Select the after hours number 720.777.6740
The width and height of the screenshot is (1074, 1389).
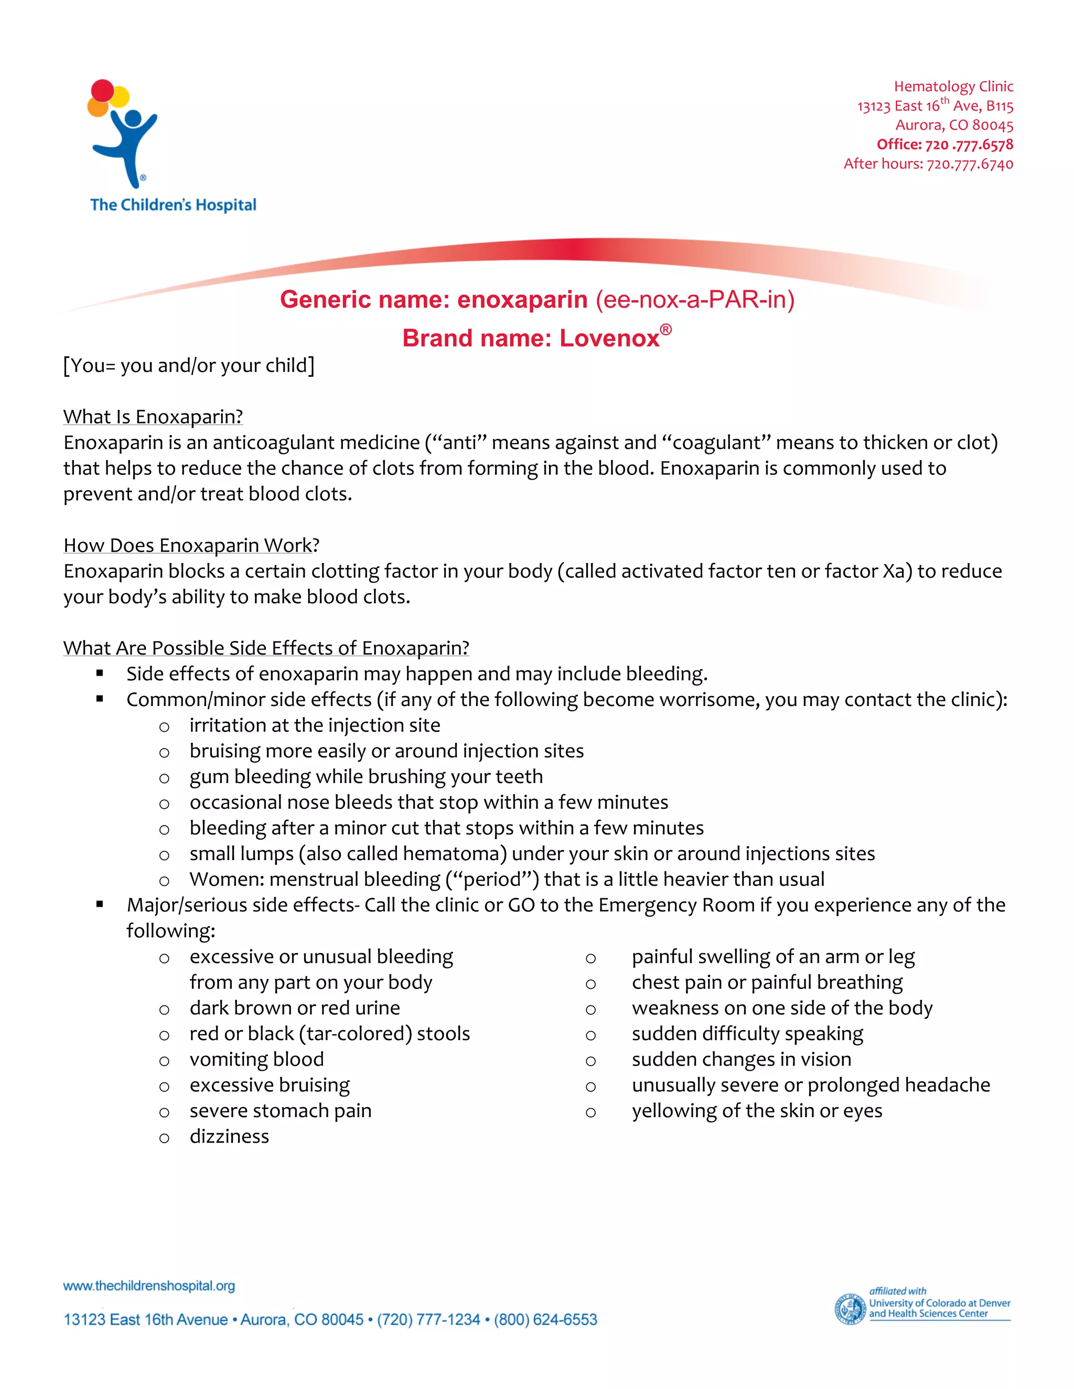[x=970, y=164]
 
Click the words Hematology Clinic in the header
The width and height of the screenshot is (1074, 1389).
[x=953, y=86]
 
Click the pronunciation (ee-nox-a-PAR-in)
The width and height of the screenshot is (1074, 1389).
[x=695, y=299]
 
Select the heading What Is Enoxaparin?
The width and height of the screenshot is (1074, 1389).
[x=153, y=417]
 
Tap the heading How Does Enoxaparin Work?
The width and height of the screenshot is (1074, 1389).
[x=191, y=545]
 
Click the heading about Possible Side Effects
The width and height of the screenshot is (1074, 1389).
[x=266, y=647]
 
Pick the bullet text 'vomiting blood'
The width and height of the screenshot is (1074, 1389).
[x=256, y=1059]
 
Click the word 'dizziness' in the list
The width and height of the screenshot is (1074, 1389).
[x=229, y=1136]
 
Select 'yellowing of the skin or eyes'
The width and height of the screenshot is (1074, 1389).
[x=757, y=1111]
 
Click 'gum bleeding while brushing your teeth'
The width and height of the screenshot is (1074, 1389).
[x=366, y=777]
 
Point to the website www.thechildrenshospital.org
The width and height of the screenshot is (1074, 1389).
[x=149, y=1286]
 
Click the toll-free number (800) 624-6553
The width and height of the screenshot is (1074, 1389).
[x=545, y=1320]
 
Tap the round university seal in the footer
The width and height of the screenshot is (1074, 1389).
[x=850, y=1309]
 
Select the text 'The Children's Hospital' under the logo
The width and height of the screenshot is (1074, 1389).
[x=173, y=205]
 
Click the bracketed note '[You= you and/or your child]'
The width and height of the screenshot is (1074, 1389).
[x=189, y=366]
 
